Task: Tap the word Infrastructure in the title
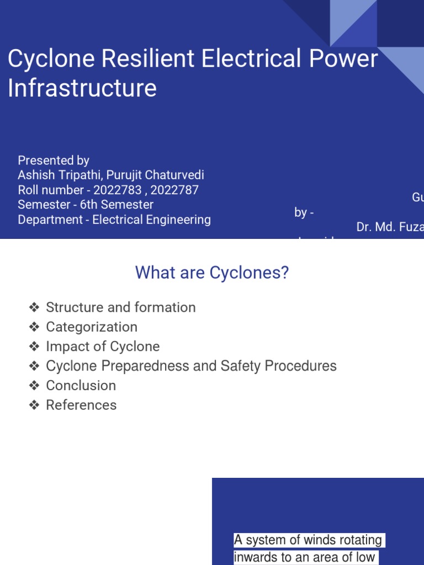point(82,88)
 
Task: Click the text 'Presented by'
point(54,161)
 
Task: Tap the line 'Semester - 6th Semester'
point(86,205)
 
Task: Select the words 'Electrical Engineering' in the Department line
point(151,220)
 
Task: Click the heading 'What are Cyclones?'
point(212,273)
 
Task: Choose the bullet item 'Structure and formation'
point(120,307)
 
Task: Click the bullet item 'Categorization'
point(92,327)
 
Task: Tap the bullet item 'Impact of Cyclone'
point(103,347)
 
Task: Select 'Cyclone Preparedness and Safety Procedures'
point(191,366)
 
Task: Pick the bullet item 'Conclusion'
point(81,385)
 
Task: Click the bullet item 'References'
point(81,405)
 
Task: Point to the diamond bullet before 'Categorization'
point(35,327)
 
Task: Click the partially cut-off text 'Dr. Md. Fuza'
point(390,227)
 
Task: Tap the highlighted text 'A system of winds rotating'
point(309,540)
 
